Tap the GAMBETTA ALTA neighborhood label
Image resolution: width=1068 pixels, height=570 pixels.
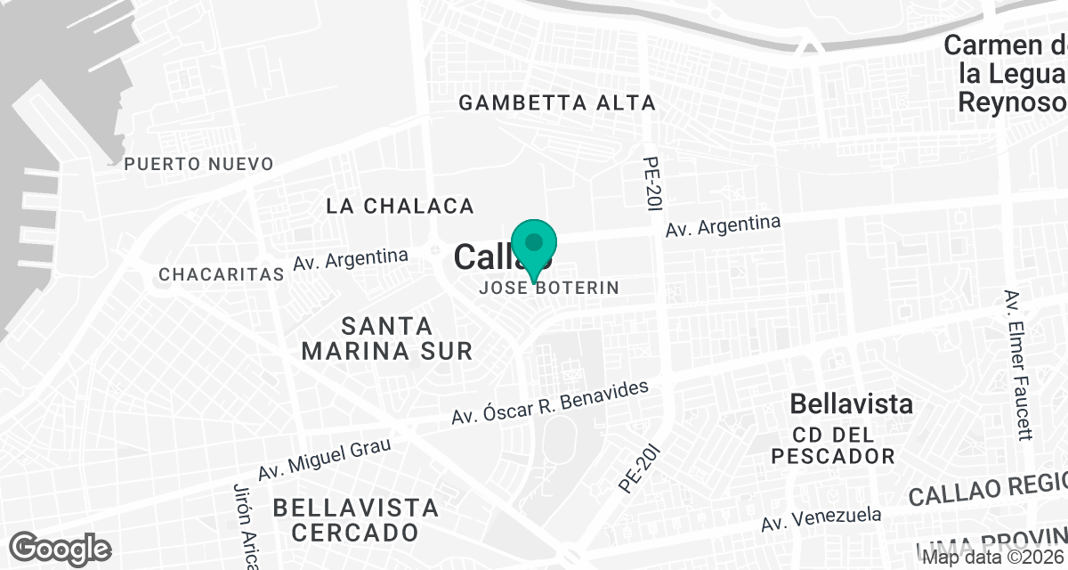557,103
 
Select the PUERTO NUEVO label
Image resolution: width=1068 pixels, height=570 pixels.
198,164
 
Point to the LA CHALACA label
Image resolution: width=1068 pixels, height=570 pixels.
400,207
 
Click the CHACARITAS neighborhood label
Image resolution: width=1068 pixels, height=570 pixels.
220,274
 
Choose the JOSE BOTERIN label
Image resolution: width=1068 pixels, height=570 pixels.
548,289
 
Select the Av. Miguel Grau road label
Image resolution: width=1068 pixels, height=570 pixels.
324,460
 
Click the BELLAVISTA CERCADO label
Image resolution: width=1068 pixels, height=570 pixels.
355,520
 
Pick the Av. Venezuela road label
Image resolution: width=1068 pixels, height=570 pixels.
821,521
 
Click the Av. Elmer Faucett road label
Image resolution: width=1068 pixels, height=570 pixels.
1018,364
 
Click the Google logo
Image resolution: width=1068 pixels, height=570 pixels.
61,547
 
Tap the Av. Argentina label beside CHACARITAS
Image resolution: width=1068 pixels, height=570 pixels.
351,260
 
